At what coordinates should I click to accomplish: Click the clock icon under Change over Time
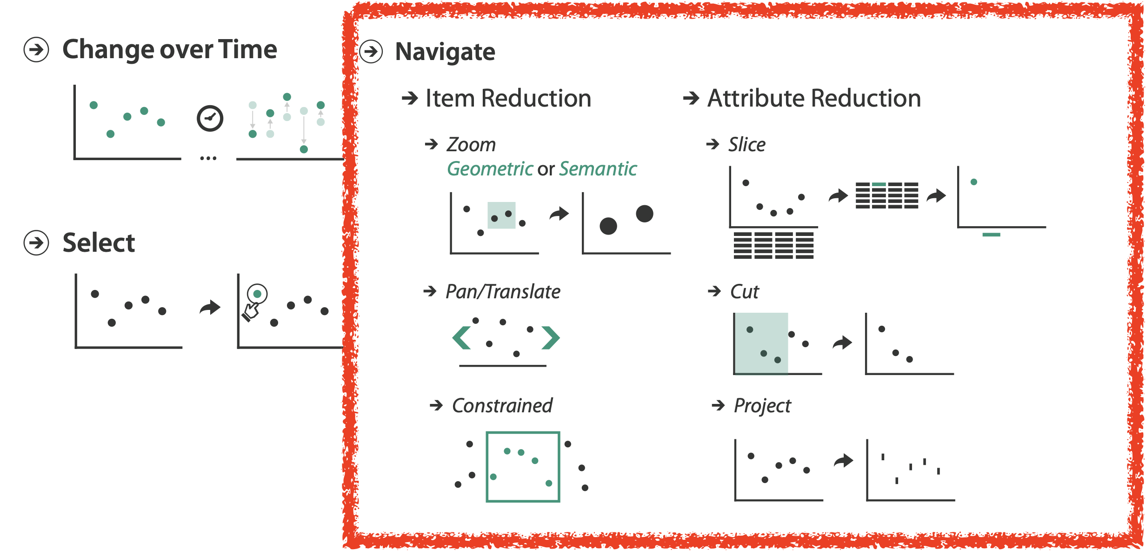click(210, 118)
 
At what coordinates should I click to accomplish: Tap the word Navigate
click(445, 51)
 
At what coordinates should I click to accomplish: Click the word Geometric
click(490, 169)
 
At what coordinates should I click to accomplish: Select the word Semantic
click(598, 169)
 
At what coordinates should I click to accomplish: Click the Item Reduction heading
click(508, 98)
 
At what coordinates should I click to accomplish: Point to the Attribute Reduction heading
click(814, 98)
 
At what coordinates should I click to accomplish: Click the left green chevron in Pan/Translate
click(461, 337)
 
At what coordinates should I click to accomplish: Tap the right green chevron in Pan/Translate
click(551, 337)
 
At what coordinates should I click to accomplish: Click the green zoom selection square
click(501, 215)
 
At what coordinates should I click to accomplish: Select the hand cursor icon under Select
click(251, 312)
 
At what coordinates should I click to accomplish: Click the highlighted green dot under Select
click(257, 294)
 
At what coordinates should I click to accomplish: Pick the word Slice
click(747, 145)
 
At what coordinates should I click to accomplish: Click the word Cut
click(744, 292)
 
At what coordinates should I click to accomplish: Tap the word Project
click(762, 406)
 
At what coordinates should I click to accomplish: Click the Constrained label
click(502, 406)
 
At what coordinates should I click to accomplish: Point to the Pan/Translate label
click(503, 292)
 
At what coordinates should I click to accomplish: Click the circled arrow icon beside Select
click(36, 243)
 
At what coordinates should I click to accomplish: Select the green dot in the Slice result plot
click(974, 182)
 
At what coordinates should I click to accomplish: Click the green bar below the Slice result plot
click(991, 235)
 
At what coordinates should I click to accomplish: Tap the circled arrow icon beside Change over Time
click(36, 49)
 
